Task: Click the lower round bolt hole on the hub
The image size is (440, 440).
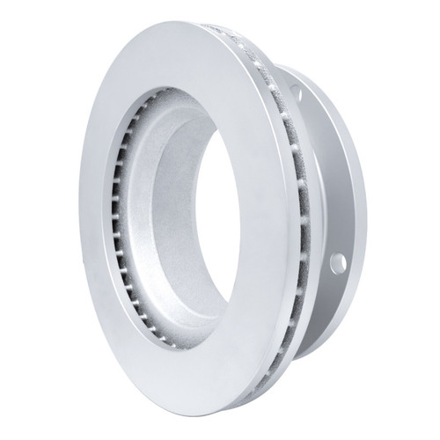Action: coord(338,260)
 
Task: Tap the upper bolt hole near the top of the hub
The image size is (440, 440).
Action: coord(295,92)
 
